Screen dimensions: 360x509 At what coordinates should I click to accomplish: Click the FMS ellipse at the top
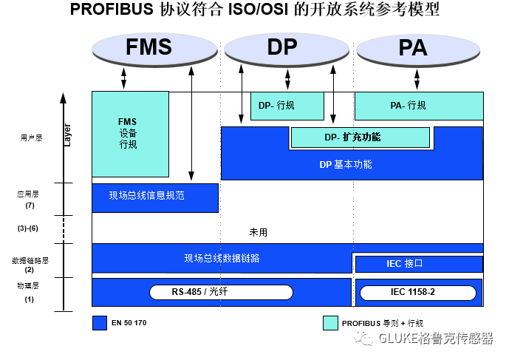click(x=148, y=47)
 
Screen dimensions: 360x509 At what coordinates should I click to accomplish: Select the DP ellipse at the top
click(x=281, y=47)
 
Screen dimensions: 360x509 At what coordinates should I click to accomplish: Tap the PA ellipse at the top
click(x=412, y=47)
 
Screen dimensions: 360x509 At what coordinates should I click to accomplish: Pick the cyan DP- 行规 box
click(x=287, y=106)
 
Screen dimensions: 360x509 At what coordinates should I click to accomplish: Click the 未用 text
click(x=259, y=232)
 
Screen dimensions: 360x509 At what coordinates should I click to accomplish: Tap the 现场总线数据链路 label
click(x=222, y=258)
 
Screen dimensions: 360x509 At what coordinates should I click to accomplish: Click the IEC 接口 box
click(x=419, y=264)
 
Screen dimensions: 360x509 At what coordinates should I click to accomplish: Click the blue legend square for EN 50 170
click(x=99, y=323)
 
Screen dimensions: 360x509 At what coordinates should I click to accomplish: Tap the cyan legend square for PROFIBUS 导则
click(x=330, y=323)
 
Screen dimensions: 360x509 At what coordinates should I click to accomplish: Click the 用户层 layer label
click(x=30, y=137)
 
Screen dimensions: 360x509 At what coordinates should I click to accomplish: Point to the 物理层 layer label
click(x=28, y=285)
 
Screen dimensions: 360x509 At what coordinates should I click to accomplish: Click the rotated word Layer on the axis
click(x=67, y=134)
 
